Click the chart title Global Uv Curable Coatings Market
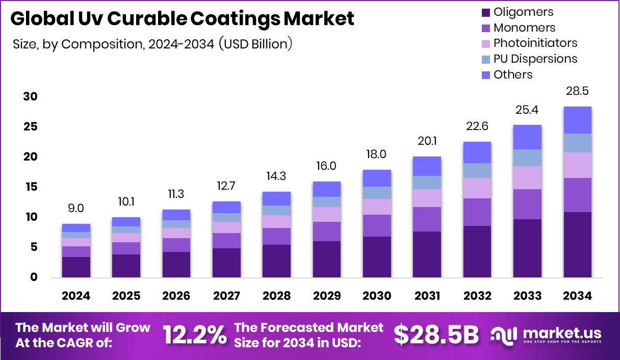182,19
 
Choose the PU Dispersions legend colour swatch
485,59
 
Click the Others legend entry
513,74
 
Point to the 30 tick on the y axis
31,97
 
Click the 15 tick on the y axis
31,187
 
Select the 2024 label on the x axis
76,296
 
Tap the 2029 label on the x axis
327,296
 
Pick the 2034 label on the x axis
577,296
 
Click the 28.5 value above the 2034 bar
577,92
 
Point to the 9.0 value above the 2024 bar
76,209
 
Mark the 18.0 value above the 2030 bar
377,155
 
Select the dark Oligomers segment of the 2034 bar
577,245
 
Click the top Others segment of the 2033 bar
527,137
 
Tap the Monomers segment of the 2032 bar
477,212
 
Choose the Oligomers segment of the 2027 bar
227,263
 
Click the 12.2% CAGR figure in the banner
195,336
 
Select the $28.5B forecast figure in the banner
436,335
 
